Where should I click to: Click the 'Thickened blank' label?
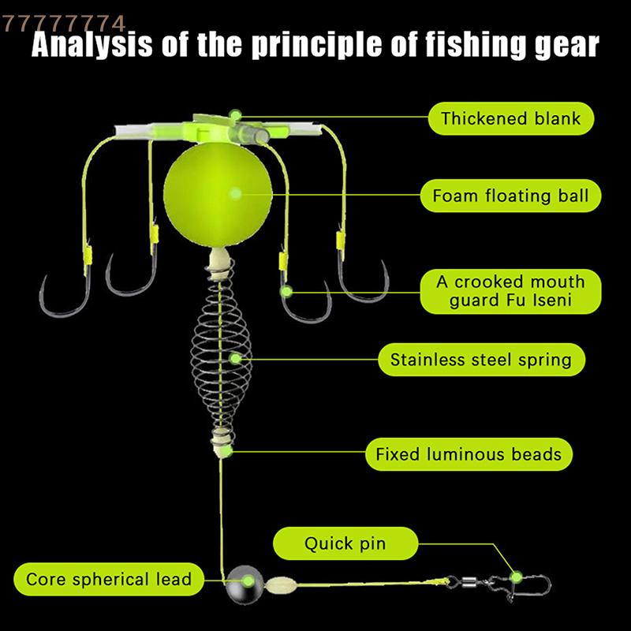pos(510,119)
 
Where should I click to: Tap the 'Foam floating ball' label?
pos(510,196)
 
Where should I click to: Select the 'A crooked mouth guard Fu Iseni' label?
pos(511,291)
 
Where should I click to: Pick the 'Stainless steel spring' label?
pos(480,360)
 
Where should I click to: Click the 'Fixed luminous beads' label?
pos(469,454)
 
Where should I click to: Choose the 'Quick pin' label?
pos(345,543)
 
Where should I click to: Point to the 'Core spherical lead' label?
pos(109,580)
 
